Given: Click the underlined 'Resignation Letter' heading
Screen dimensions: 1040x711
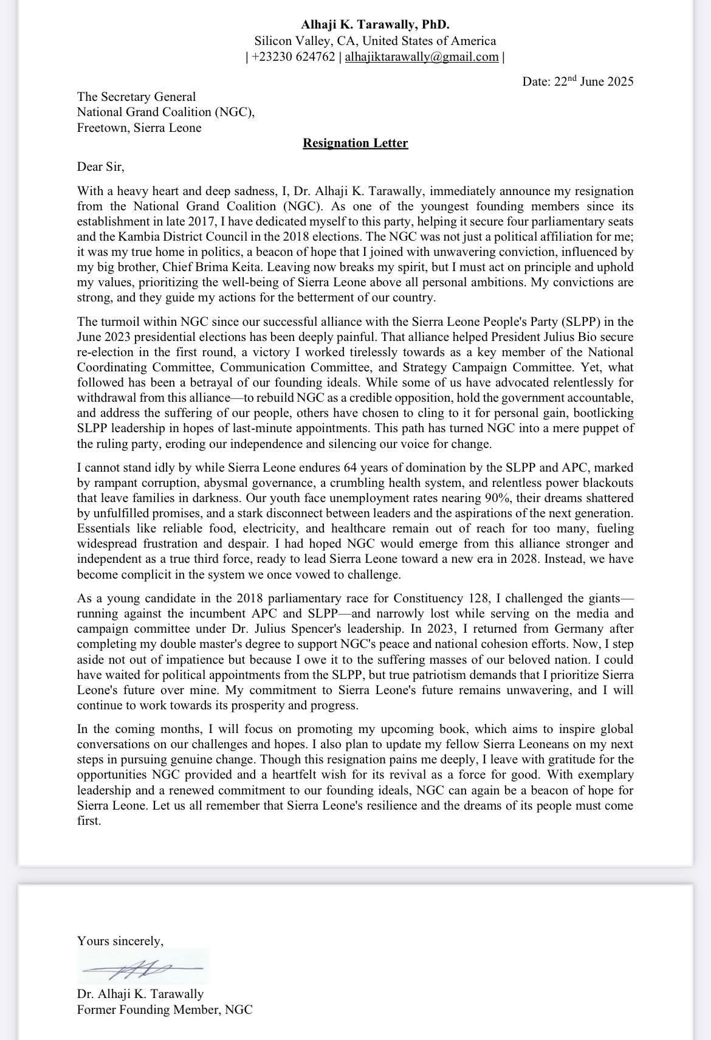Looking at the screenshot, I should [x=355, y=143].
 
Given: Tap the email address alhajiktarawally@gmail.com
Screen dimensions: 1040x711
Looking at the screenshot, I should [x=422, y=57].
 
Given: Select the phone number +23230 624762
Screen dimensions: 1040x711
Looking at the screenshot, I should [x=293, y=57].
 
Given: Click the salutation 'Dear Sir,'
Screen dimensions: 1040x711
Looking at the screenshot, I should [x=100, y=167].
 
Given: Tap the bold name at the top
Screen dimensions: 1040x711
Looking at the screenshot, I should [x=375, y=25].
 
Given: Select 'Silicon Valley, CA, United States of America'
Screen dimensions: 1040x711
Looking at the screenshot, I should [x=375, y=41].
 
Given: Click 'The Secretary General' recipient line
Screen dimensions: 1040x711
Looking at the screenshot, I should [x=136, y=97].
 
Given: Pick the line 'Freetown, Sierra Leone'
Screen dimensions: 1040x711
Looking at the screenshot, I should [x=139, y=128].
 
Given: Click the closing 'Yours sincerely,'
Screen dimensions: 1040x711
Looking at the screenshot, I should [x=120, y=941].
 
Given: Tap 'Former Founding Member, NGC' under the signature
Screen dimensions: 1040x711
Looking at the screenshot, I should [x=164, y=1010].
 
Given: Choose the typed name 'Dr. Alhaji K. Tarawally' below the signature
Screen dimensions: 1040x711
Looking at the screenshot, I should [x=140, y=994].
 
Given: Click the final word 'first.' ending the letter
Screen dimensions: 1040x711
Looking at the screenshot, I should [x=89, y=821].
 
